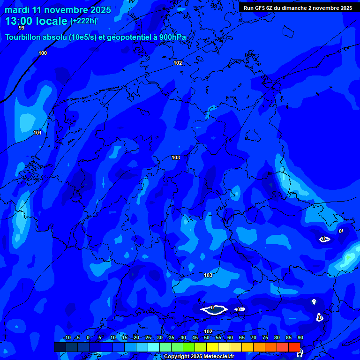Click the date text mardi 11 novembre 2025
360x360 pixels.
pos(58,10)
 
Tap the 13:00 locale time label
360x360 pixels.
pos(37,21)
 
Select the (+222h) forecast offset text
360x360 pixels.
pos(83,21)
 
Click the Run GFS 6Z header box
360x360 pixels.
pos(298,8)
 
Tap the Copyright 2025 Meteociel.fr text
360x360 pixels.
pos(199,356)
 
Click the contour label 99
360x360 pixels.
pos(22,28)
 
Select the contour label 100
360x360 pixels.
pos(43,53)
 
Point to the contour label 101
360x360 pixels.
pos(37,133)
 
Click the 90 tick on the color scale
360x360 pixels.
pos(300,338)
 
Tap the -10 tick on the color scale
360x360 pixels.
pos(67,338)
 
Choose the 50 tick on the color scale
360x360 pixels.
pos(206,338)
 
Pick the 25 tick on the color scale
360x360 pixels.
pos(148,338)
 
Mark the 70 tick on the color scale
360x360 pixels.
pos(253,338)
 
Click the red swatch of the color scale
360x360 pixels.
pos(294,347)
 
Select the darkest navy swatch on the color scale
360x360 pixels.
pos(60,347)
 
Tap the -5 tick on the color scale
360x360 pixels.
pos(78,338)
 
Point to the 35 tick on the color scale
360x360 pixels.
pos(171,338)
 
